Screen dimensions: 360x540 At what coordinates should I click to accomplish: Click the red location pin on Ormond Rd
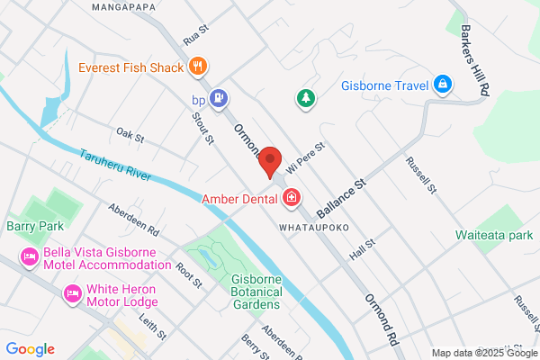[x=271, y=163]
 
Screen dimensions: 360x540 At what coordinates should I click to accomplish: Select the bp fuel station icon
[x=218, y=96]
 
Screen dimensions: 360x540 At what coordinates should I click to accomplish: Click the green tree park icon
[x=306, y=96]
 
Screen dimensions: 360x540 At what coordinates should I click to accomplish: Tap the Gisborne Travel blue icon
[x=442, y=86]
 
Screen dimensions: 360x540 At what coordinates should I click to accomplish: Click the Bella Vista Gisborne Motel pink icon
[x=29, y=257]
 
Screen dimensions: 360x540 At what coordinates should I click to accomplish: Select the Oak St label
[x=130, y=136]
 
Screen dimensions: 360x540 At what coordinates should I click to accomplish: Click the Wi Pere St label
[x=305, y=156]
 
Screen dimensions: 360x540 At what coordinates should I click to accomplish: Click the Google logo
[x=30, y=349]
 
